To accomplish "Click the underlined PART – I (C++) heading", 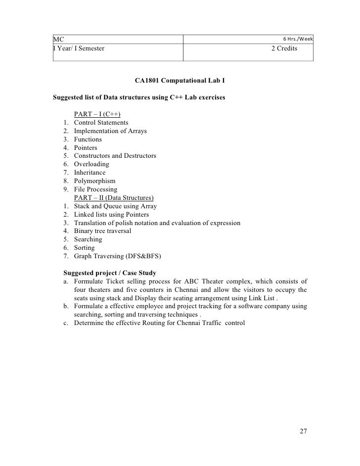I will (x=97, y=114).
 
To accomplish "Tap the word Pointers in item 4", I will (x=86, y=147).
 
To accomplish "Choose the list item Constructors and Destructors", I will (x=115, y=156).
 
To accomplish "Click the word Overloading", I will (x=91, y=164).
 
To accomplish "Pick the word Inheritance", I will (x=90, y=173).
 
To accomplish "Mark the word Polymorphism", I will (x=94, y=181).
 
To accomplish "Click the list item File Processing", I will (x=95, y=189).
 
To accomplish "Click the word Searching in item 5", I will (x=88, y=239).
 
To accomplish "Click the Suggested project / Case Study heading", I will (x=110, y=273).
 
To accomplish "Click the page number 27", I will (x=303, y=431).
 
